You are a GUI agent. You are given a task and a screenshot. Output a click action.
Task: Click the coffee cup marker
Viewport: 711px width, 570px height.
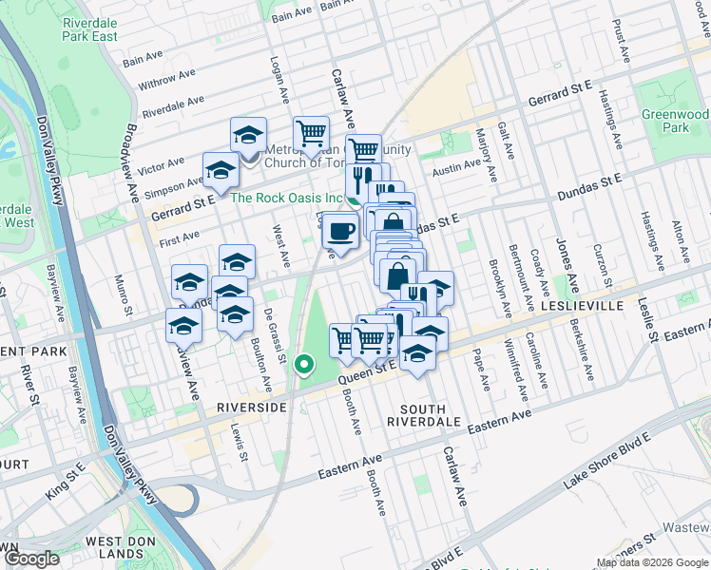340,230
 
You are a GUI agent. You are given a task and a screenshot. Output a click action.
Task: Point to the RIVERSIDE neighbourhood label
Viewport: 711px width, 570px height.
252,407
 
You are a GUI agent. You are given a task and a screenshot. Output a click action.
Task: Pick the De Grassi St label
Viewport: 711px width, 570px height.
274,339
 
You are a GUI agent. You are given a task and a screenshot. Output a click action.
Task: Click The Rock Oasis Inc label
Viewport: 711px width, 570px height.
286,198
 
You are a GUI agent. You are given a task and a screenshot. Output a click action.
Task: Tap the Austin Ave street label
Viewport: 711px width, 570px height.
456,166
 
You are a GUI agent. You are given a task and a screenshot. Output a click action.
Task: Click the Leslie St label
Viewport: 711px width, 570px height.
648,318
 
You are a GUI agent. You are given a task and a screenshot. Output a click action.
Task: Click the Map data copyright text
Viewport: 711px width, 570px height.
651,562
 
